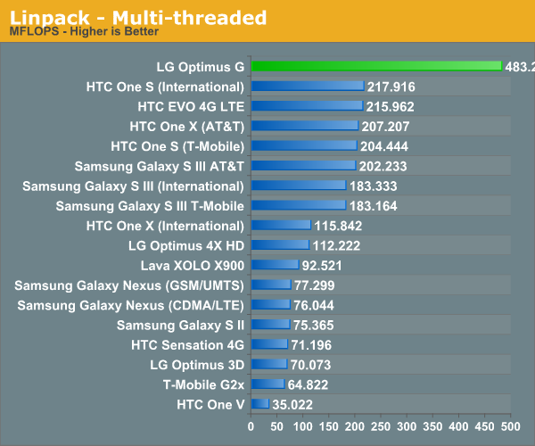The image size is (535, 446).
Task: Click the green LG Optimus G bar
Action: click(375, 66)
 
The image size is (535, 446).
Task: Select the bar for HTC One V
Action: click(259, 404)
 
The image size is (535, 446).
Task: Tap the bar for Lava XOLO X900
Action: click(275, 265)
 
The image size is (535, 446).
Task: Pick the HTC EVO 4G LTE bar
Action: click(307, 105)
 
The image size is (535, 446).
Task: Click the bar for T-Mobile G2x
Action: click(267, 384)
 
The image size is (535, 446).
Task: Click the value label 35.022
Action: click(293, 404)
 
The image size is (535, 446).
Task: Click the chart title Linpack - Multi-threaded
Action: click(137, 17)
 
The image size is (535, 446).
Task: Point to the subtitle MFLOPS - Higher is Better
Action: click(84, 33)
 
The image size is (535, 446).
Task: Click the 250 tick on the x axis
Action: click(381, 426)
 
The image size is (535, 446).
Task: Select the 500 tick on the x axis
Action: click(510, 426)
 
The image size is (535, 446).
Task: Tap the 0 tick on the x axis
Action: click(251, 426)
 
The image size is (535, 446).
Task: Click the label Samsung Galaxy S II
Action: click(180, 325)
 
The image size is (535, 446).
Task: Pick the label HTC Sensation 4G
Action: click(187, 344)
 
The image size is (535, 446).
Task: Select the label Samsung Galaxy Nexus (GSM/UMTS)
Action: click(129, 285)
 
